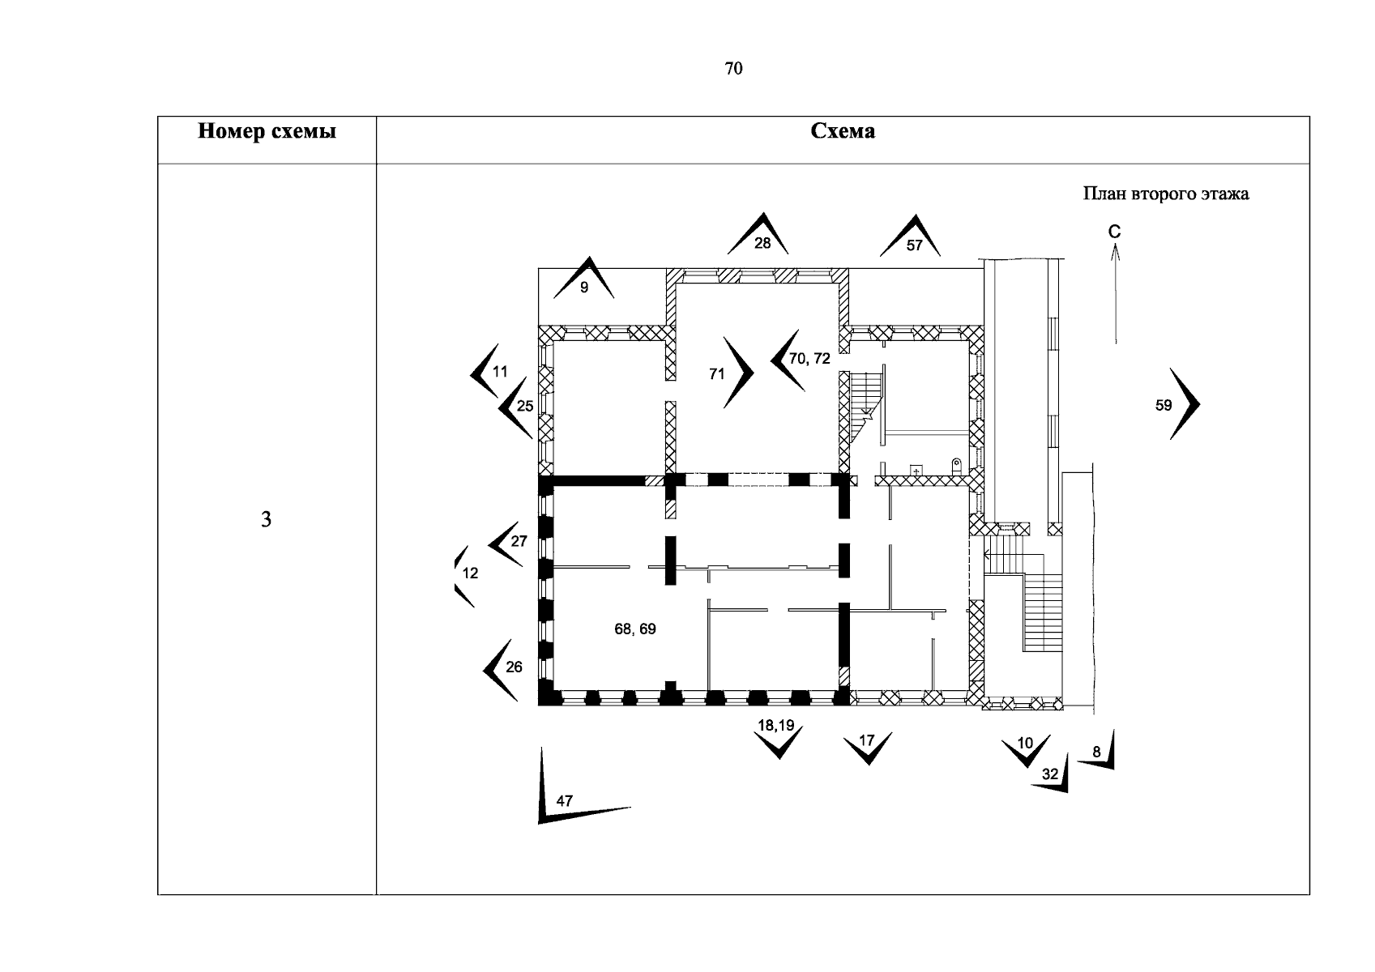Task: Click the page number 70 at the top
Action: (733, 68)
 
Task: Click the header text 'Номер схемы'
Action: (267, 131)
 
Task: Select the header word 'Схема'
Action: (843, 130)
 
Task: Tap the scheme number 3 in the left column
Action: (266, 520)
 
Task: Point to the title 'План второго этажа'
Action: (1166, 194)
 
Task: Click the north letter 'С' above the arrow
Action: (1115, 232)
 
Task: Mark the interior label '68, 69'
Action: (635, 629)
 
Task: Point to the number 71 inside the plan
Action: (717, 373)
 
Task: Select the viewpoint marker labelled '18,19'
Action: (779, 740)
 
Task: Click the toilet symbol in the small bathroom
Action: (956, 467)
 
